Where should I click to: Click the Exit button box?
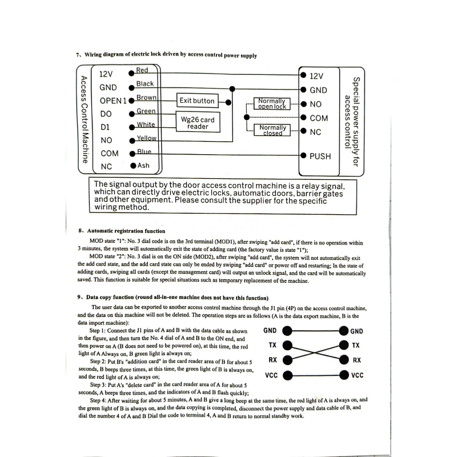(197, 101)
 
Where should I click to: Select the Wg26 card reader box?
(197, 123)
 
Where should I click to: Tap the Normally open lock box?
(271, 103)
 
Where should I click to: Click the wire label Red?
(142, 70)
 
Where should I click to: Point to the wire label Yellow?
(146, 138)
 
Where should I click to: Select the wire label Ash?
(143, 166)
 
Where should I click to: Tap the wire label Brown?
(146, 98)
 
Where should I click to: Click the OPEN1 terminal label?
(112, 101)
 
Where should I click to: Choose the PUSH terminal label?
(320, 155)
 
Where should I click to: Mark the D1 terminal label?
(105, 127)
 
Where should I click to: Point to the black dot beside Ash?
(133, 166)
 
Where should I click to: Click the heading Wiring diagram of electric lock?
(170, 55)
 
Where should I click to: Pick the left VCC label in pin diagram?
(272, 375)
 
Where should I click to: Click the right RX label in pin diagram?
(356, 360)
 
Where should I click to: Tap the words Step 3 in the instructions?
(101, 384)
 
